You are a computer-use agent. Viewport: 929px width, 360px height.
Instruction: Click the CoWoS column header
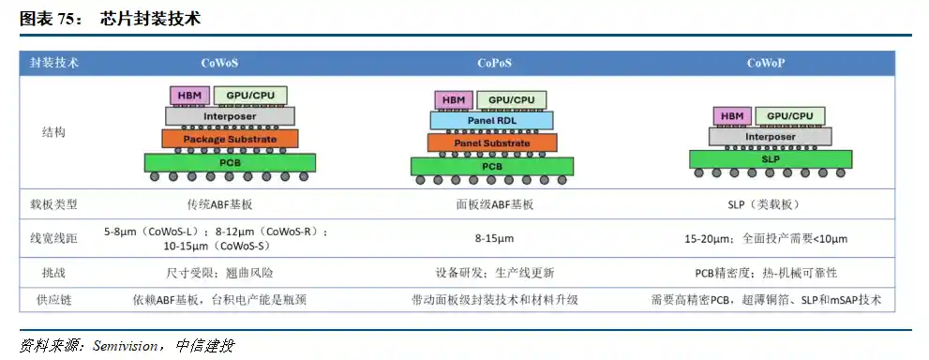coord(219,64)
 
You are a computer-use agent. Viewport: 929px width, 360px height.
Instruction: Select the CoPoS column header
coord(493,64)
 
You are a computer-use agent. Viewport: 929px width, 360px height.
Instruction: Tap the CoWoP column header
coord(766,64)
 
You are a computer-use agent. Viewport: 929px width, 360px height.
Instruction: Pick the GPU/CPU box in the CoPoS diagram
coord(512,100)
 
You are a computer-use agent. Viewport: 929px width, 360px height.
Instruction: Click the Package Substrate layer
coord(230,139)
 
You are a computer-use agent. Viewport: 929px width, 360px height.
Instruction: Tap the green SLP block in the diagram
coord(770,159)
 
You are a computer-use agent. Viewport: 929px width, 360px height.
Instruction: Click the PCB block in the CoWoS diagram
coord(230,162)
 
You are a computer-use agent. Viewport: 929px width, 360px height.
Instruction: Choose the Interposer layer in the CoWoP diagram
coord(770,137)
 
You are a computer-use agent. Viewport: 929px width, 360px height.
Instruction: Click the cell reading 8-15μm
coord(493,238)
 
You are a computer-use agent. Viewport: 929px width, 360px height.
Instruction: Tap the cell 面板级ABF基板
coord(493,203)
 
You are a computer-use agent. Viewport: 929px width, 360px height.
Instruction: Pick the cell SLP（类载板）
coord(767,204)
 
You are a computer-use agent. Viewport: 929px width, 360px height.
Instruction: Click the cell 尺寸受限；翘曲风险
coord(219,273)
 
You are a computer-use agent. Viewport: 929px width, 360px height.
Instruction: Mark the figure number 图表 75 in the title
coord(51,18)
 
